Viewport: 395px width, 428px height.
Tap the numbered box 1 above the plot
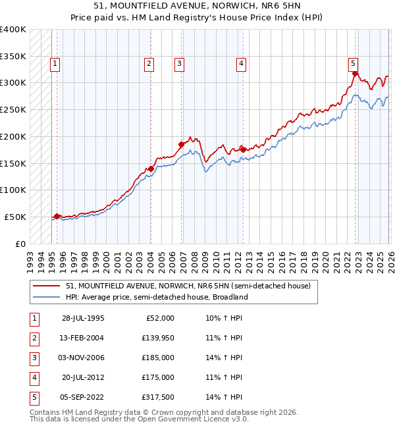coord(54,64)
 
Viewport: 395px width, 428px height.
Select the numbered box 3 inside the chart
coord(179,64)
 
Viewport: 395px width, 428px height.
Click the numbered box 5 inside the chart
coord(354,64)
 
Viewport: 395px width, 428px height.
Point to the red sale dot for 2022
coord(355,74)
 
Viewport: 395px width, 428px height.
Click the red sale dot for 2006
coord(181,144)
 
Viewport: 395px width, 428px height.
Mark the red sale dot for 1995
coord(57,215)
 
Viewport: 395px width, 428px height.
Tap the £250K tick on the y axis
coord(13,109)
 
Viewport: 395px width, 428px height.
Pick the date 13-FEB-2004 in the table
coord(83,338)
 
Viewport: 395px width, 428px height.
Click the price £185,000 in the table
coord(158,358)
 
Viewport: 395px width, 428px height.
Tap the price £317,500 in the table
coord(158,397)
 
